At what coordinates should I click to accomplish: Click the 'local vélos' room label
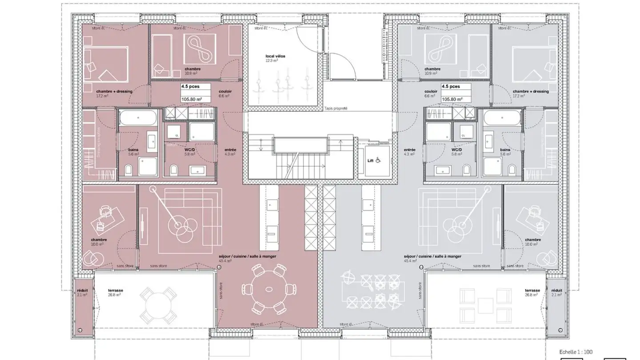click(x=275, y=56)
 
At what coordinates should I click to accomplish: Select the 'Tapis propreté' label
click(x=336, y=108)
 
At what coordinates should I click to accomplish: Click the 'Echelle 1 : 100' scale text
click(x=576, y=352)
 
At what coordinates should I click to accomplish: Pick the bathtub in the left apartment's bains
click(x=138, y=119)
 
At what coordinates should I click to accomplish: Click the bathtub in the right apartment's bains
click(x=502, y=119)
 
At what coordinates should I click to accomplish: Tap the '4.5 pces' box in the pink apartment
click(x=190, y=87)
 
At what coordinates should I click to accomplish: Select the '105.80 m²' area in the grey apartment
click(x=452, y=99)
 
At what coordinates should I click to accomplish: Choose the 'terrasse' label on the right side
click(x=532, y=290)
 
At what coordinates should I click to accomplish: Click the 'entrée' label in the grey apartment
click(x=409, y=150)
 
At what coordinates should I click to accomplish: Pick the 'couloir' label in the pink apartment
click(x=224, y=91)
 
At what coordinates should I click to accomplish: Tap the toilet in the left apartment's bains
click(x=128, y=169)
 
